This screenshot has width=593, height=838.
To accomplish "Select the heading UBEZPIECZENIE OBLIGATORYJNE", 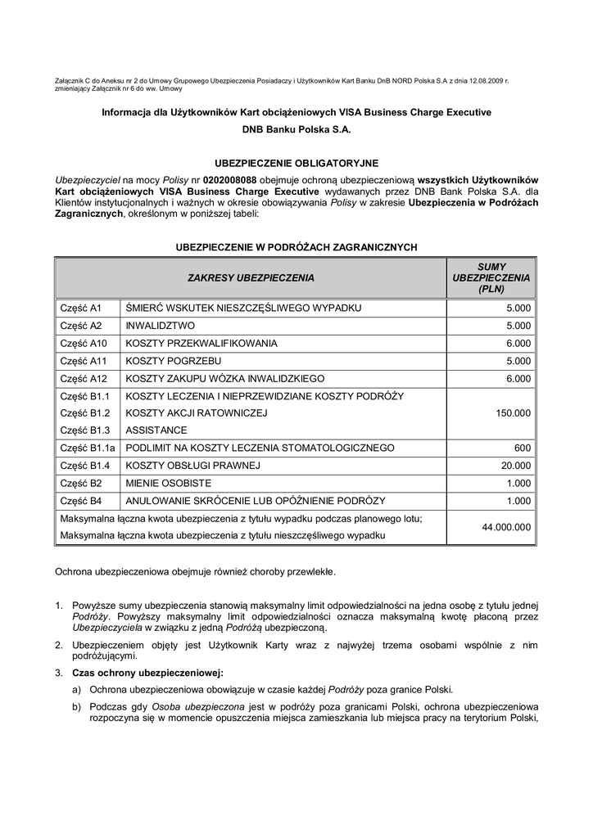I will (x=296, y=164).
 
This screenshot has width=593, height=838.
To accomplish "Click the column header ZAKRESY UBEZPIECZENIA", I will (x=251, y=278).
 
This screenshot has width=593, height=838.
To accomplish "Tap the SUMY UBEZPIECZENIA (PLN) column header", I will (x=491, y=278).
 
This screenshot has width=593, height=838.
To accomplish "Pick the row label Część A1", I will (x=80, y=308).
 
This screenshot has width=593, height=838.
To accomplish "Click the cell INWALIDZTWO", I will (x=161, y=326).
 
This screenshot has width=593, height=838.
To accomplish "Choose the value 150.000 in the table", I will (x=514, y=413).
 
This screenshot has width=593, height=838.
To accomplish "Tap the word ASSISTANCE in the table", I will (x=156, y=430).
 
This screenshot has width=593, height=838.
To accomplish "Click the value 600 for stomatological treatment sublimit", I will (x=523, y=448).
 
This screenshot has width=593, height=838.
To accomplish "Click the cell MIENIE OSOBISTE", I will (x=169, y=484).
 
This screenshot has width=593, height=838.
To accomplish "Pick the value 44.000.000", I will (x=501, y=527).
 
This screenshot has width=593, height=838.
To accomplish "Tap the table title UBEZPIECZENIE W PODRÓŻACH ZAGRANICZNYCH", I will (x=296, y=246).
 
